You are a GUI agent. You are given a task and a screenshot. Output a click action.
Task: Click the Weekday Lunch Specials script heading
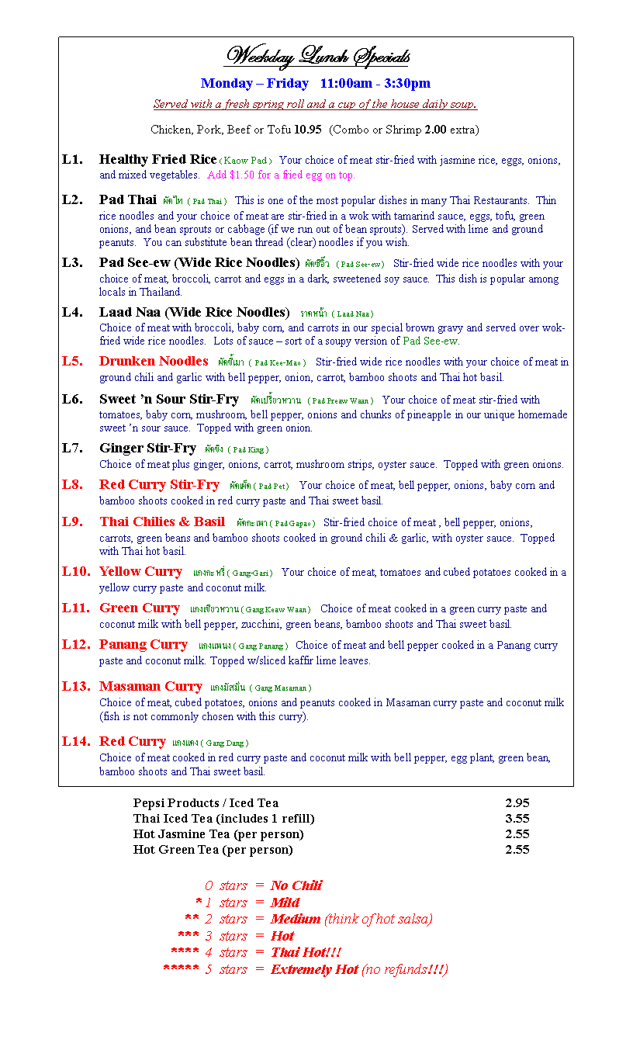point(316,57)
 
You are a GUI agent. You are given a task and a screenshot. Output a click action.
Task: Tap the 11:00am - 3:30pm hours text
point(375,83)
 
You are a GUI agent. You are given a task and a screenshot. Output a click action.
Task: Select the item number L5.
point(72,361)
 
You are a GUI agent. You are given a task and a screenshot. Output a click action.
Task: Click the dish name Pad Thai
point(128,199)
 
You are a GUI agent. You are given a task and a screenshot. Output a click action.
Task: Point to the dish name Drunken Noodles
point(154,361)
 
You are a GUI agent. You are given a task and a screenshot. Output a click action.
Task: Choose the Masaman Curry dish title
point(150,686)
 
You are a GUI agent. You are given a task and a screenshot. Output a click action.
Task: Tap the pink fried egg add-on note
point(281,175)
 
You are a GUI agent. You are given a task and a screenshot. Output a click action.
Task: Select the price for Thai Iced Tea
point(517,819)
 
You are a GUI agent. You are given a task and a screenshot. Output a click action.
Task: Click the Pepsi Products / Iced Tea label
point(206,803)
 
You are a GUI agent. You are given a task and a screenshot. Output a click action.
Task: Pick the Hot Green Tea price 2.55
point(517,850)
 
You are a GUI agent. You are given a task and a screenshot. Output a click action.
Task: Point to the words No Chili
point(296,885)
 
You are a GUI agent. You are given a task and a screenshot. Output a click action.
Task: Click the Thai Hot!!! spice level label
point(306,952)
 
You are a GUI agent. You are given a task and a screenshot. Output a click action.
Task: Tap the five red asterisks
point(181,970)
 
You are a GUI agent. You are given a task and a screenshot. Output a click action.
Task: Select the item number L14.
point(75,741)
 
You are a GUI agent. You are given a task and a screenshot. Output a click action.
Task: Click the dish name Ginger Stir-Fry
point(147,448)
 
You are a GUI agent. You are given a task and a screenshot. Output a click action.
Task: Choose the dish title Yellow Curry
point(140,571)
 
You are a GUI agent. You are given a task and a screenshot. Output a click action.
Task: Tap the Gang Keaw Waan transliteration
point(276,610)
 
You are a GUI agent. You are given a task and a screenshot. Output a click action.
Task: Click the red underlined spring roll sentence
point(315,105)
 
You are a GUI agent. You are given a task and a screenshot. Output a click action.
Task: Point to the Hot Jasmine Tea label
point(218,834)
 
